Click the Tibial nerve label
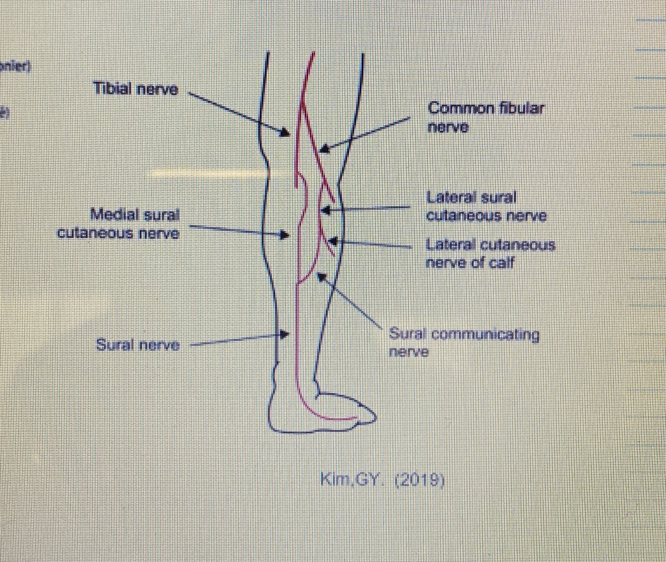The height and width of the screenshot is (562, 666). point(136,89)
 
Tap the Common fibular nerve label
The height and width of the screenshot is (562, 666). point(485,117)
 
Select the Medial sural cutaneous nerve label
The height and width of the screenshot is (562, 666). point(119,224)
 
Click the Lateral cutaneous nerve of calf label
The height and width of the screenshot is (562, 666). point(490,254)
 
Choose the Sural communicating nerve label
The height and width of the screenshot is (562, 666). point(464,342)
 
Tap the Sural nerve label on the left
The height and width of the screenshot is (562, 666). point(138,345)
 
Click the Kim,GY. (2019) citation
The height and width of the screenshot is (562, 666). point(382,480)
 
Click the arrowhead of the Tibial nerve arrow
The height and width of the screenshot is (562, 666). point(285,133)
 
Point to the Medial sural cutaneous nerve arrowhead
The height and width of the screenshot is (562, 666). point(285,234)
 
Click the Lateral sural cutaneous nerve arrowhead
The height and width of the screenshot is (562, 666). point(325,210)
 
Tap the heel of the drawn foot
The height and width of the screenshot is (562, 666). point(273,422)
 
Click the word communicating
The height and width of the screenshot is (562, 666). point(485,334)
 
